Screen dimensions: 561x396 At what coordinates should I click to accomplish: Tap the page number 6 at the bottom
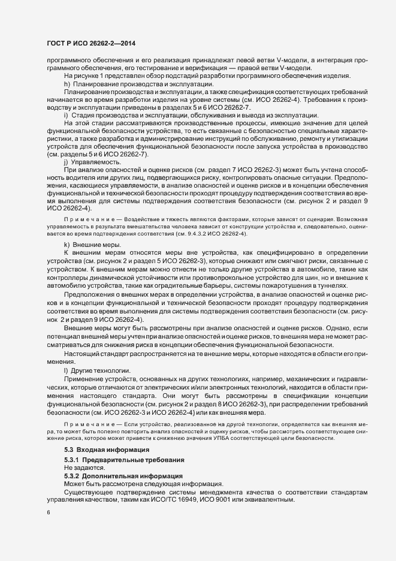[x=48, y=513]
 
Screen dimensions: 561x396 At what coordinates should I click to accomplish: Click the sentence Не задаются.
[x=84, y=467]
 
